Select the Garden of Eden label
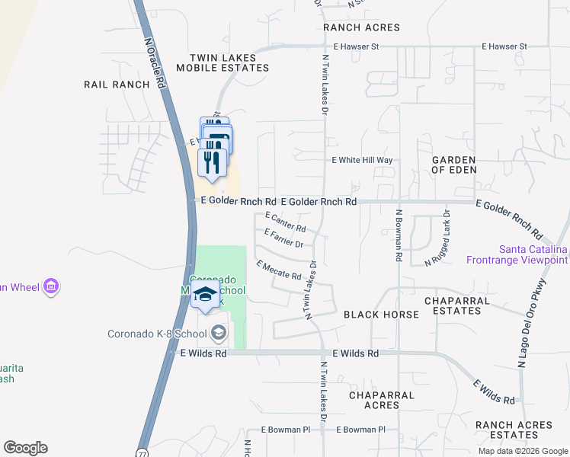pos(453,165)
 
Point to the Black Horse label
pos(381,315)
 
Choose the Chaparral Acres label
pos(382,400)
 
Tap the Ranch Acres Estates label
pos(513,430)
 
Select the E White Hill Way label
pos(362,161)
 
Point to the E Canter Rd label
pos(286,222)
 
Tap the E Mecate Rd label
pos(279,270)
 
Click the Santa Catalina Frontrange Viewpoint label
pos(533,255)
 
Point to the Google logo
pos(25,448)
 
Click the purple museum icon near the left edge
pos(52,287)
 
